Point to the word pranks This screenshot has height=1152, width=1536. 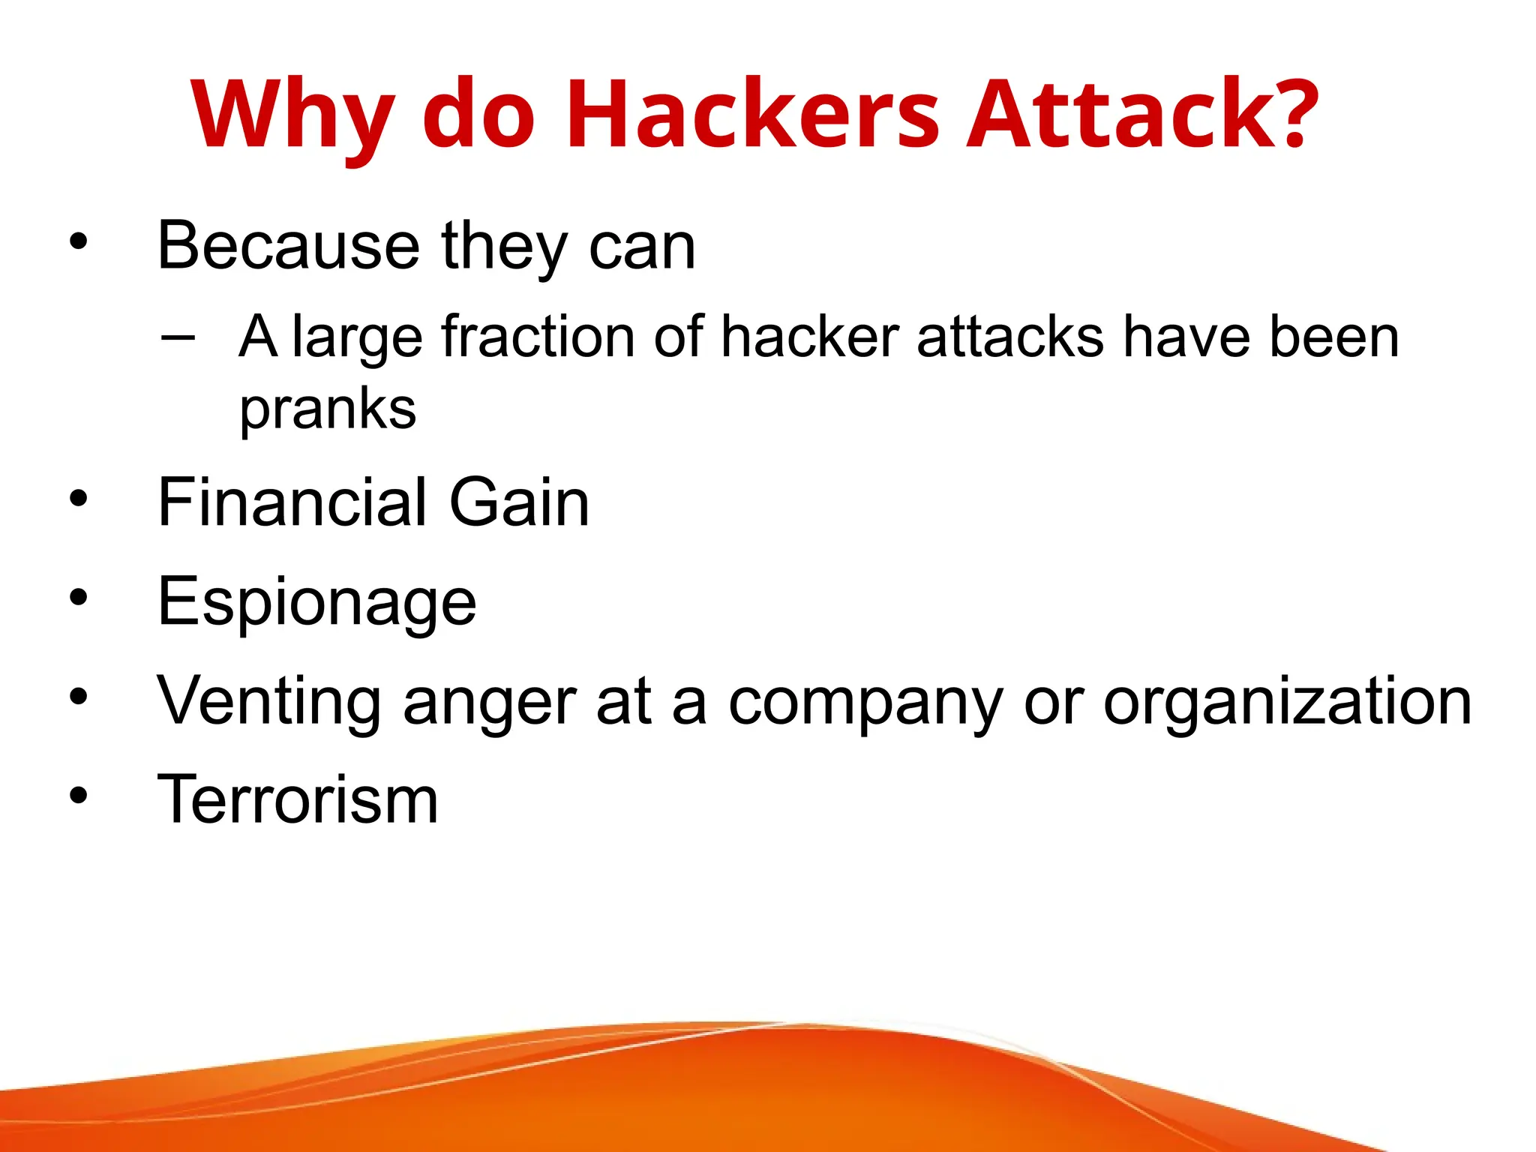tap(328, 410)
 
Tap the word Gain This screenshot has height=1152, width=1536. tap(519, 502)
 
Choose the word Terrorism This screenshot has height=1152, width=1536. tap(298, 799)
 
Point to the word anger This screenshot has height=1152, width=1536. tap(490, 703)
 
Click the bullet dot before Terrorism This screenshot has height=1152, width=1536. tap(78, 795)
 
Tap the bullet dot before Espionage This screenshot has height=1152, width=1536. tap(78, 597)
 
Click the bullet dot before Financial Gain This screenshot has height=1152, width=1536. tap(78, 498)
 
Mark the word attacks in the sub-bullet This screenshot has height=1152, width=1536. tap(1010, 337)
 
